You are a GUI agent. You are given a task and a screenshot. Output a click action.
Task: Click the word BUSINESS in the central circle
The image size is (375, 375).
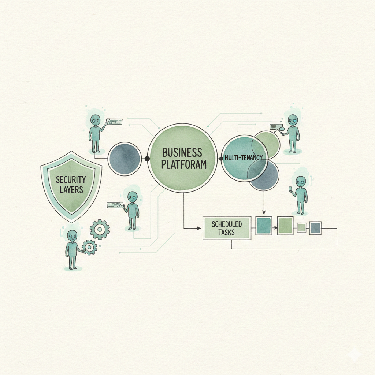click(x=182, y=152)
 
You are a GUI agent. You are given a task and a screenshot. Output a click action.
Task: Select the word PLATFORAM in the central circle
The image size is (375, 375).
click(x=184, y=164)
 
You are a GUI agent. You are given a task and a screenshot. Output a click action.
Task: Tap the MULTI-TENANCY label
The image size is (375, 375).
click(x=244, y=157)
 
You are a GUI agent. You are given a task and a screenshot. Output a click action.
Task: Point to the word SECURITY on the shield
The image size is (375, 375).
click(x=71, y=179)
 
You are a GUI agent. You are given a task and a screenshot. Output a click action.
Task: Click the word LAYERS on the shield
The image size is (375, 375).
click(x=71, y=190)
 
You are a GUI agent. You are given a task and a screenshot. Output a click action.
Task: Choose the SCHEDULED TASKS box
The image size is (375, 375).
click(x=227, y=228)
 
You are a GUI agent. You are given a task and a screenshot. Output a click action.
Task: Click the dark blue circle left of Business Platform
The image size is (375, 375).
click(x=125, y=159)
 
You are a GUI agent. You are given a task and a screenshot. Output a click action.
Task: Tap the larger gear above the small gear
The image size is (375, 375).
click(x=100, y=229)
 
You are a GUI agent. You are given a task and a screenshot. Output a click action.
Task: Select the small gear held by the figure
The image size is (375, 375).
click(x=89, y=247)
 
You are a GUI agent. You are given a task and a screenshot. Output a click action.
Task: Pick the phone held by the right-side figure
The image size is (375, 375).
click(x=291, y=189)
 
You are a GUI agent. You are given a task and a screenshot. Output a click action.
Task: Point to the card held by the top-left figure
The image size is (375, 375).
click(x=114, y=122)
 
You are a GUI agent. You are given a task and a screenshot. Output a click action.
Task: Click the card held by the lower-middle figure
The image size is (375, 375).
click(x=115, y=205)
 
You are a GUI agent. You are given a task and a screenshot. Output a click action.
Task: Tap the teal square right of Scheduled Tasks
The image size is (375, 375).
click(x=264, y=226)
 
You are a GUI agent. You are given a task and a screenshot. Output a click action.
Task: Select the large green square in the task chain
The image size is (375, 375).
click(x=285, y=226)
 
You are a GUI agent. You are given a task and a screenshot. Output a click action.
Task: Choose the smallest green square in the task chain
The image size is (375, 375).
click(x=301, y=227)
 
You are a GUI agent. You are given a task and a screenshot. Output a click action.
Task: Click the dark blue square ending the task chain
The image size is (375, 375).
click(x=315, y=228)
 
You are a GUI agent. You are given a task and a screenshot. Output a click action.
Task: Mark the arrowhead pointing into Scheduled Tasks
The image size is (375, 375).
click(x=198, y=229)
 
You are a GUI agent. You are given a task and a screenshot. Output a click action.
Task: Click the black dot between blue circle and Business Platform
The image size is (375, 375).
click(x=147, y=159)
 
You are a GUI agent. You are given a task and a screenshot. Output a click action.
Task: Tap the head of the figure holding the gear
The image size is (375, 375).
click(x=73, y=236)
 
